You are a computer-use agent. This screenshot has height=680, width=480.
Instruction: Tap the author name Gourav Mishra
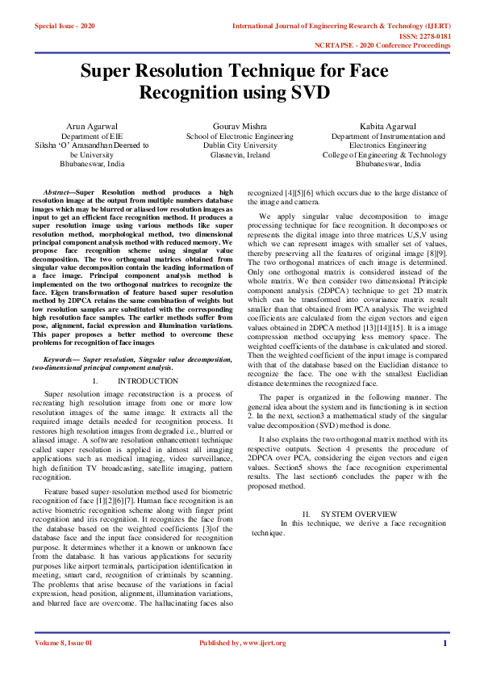[x=240, y=127]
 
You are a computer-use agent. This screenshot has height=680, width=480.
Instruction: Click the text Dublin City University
[x=240, y=145]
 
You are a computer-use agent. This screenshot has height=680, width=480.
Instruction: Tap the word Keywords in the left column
[x=61, y=358]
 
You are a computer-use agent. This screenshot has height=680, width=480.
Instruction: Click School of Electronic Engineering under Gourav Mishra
[x=240, y=136]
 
